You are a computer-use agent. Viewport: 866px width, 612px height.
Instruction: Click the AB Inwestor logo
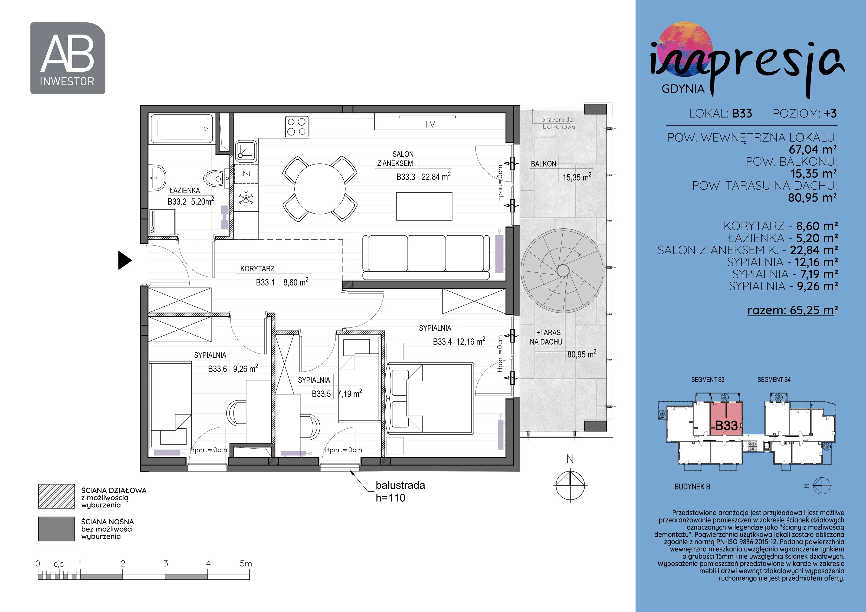[67, 58]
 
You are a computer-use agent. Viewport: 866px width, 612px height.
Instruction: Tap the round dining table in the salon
[320, 189]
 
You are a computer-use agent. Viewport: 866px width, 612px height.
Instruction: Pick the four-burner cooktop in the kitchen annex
[296, 127]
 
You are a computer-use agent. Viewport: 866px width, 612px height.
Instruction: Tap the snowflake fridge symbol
[246, 198]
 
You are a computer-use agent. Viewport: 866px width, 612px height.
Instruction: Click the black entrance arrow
[125, 260]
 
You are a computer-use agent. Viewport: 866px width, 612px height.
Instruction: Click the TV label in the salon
[429, 124]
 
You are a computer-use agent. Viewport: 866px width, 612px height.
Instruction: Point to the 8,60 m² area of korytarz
[296, 282]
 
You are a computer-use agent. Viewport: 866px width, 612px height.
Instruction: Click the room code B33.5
[321, 394]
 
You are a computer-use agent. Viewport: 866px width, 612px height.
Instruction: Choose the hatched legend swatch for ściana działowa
[56, 496]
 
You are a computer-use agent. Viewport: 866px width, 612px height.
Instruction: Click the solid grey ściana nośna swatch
[56, 529]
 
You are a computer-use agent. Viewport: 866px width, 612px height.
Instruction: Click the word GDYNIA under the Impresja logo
[683, 89]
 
